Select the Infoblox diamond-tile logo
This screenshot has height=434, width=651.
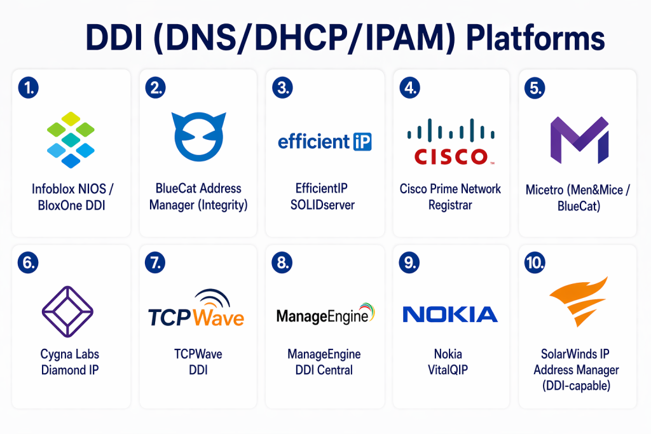pos(71,140)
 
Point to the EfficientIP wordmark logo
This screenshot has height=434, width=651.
pos(325,141)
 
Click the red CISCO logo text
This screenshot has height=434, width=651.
pos(450,156)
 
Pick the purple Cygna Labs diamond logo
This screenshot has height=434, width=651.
pos(67,311)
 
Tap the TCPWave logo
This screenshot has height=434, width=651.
pos(196,311)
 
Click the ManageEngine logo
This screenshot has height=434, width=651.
pos(325,314)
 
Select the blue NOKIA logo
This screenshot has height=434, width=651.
pos(450,314)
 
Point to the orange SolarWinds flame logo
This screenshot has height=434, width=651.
pos(578,304)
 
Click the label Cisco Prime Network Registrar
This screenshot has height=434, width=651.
pos(450,196)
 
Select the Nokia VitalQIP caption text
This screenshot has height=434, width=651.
pos(450,362)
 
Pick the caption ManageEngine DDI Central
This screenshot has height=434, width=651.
pos(325,362)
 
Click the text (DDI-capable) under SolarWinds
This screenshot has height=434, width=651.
pos(577,385)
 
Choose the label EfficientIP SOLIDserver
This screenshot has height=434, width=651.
pos(325,196)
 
